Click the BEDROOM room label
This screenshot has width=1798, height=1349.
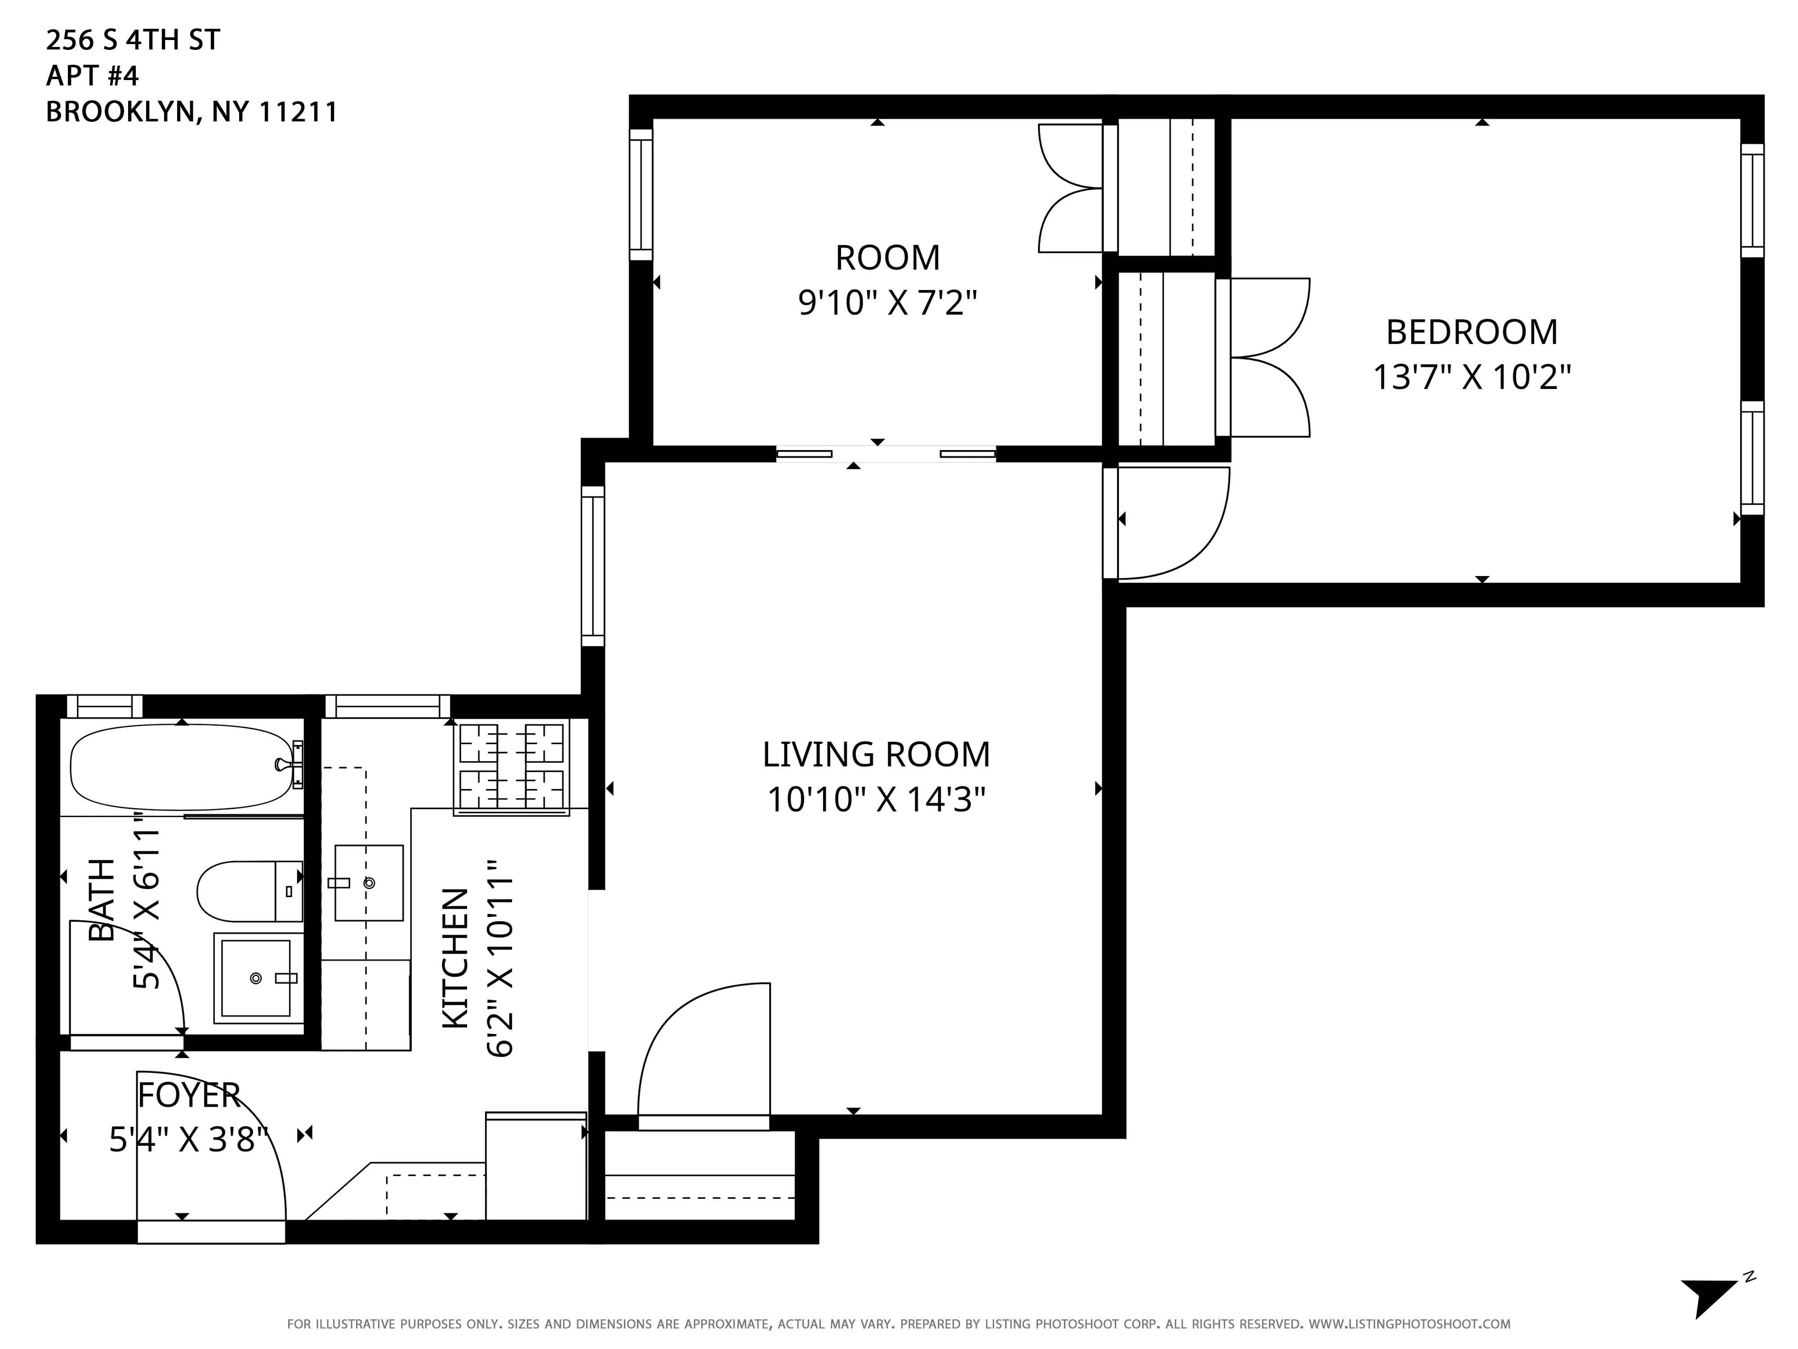coord(1471,333)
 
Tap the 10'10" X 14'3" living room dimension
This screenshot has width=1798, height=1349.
coord(876,800)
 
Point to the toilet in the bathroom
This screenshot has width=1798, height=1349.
coord(248,891)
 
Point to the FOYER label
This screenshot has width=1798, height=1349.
coord(189,1095)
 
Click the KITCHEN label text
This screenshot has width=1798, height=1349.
coord(455,958)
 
